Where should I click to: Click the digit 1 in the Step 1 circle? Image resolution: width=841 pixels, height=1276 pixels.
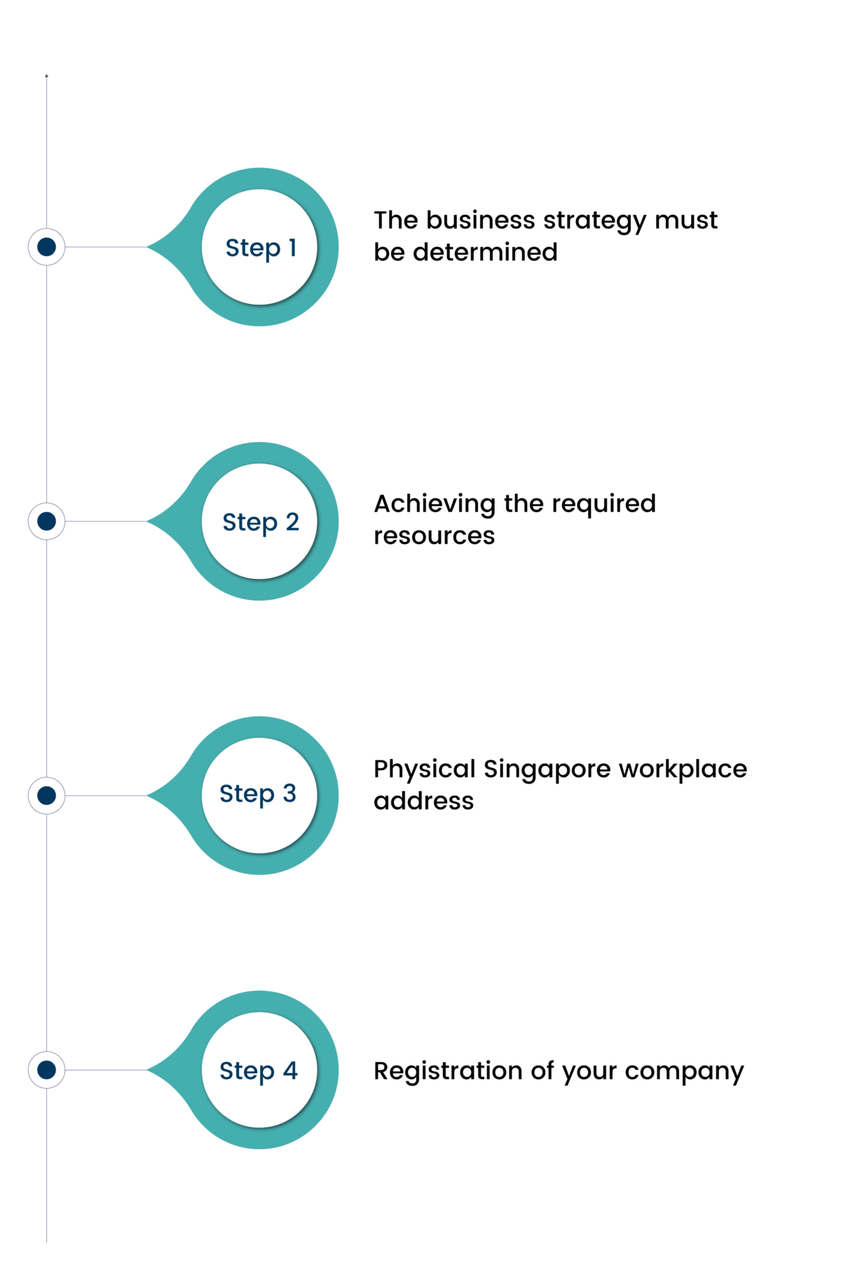click(x=293, y=247)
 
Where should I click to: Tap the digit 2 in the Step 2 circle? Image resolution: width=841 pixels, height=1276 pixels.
click(x=292, y=521)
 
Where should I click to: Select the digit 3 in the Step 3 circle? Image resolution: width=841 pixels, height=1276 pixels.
click(x=289, y=793)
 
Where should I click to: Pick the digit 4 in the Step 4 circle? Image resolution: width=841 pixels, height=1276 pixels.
click(x=290, y=1070)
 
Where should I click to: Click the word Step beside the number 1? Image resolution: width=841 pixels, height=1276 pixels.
click(x=253, y=248)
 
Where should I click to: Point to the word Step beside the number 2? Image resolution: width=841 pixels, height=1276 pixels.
click(x=250, y=523)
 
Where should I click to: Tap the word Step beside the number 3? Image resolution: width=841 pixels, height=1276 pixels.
click(x=247, y=794)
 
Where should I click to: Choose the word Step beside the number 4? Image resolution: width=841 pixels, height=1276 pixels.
click(x=247, y=1071)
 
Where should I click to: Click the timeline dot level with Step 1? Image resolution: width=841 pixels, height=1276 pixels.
click(x=46, y=246)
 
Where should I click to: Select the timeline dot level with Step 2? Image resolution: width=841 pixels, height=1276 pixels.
click(x=46, y=521)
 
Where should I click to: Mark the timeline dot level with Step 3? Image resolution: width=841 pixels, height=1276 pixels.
click(x=46, y=795)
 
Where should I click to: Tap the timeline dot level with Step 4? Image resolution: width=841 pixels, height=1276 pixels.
click(x=46, y=1069)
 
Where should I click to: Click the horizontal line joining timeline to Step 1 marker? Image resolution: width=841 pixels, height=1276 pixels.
click(x=105, y=247)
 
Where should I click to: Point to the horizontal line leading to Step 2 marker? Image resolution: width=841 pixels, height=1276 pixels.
click(x=105, y=521)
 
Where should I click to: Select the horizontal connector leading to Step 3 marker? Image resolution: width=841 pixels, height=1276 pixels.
click(x=105, y=795)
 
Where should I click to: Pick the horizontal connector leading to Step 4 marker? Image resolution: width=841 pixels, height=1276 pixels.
click(x=105, y=1070)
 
